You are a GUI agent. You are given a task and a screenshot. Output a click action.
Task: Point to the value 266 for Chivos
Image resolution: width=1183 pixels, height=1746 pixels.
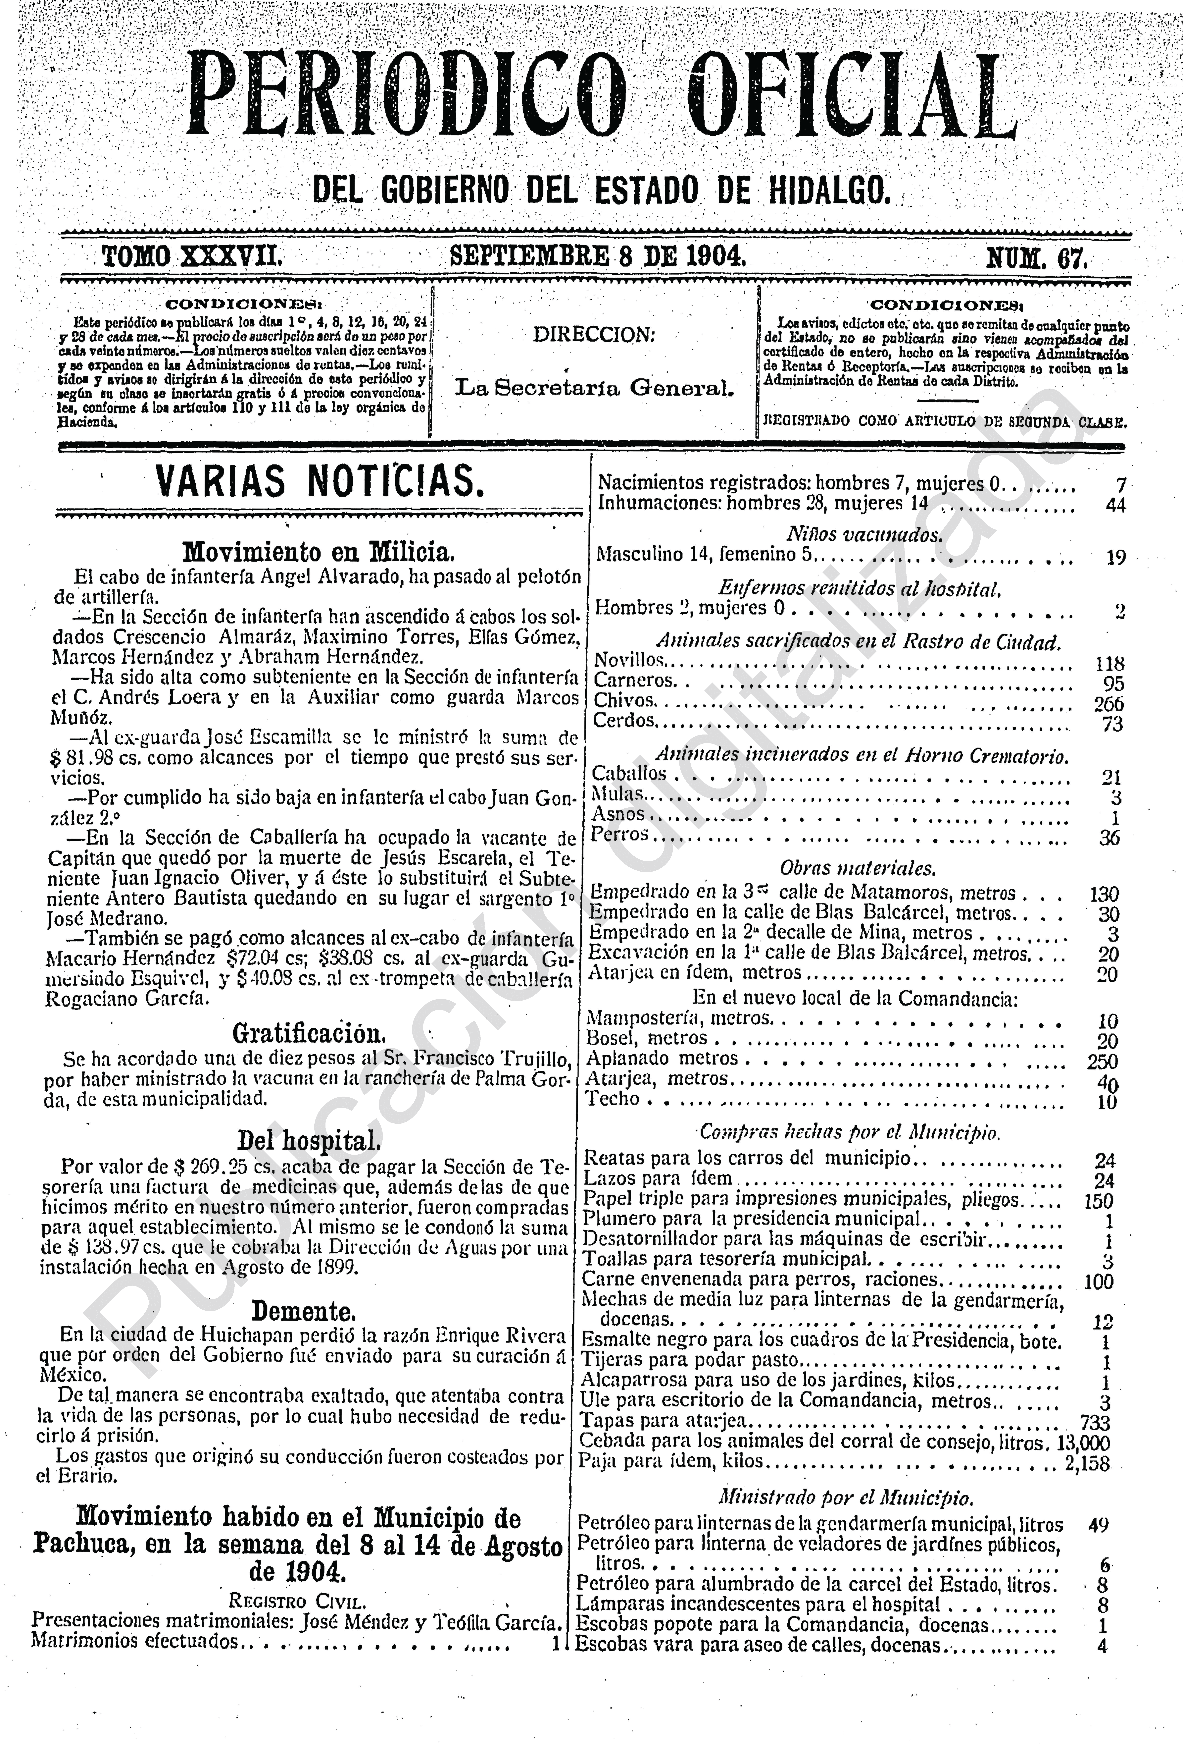click(x=1109, y=704)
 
